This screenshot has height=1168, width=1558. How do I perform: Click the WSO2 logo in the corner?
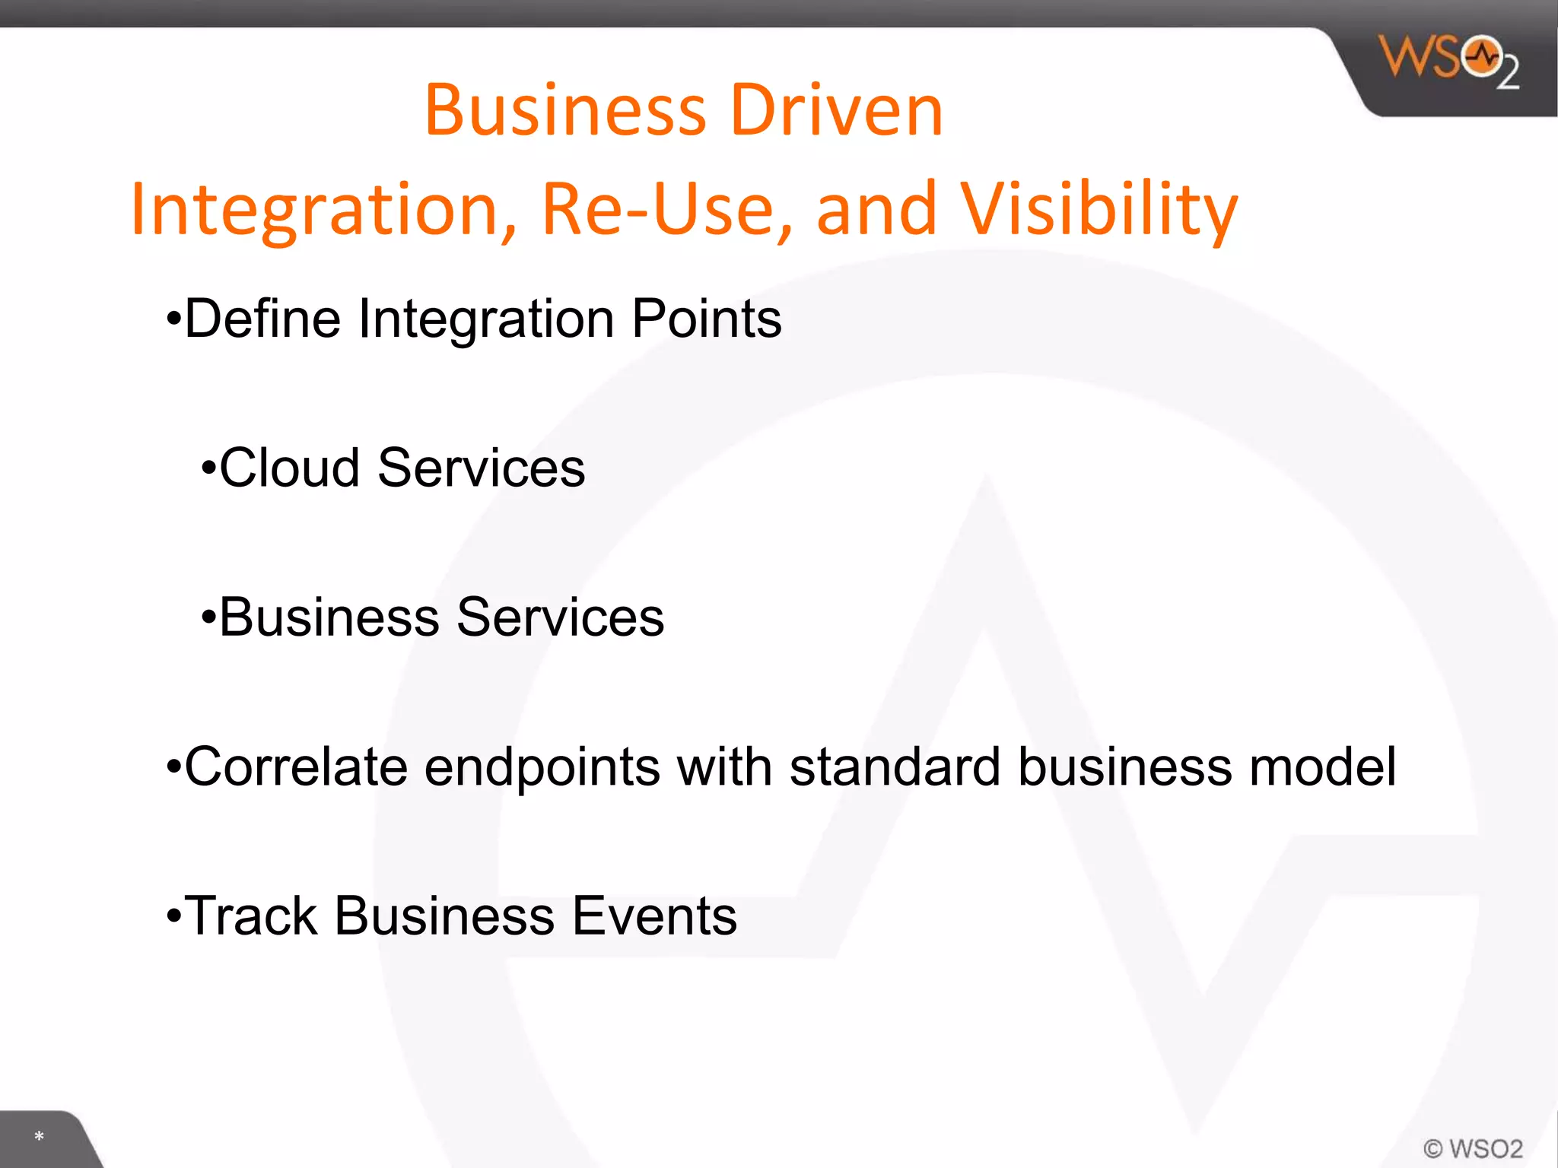1448,61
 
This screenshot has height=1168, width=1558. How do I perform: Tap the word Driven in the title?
836,111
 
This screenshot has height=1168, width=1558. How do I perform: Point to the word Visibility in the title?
1099,209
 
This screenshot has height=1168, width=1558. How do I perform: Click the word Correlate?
296,766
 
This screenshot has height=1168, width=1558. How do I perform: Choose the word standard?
895,766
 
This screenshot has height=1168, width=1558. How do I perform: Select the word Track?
251,916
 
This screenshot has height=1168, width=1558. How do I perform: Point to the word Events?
653,916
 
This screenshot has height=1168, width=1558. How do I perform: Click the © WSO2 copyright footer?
1473,1147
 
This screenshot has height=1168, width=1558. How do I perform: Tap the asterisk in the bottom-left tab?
39,1137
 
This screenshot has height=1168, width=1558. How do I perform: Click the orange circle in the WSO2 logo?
1482,56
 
